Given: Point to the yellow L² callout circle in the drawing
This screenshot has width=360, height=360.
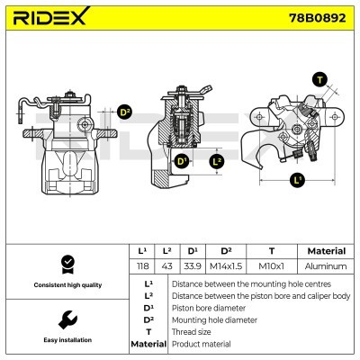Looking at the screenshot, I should (216, 162).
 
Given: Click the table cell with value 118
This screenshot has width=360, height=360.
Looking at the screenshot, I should (141, 267).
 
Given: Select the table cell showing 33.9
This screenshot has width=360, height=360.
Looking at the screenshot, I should (193, 267).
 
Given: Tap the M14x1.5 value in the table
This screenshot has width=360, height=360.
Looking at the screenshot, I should (226, 267).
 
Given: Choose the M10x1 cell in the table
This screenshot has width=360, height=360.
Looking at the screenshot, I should (272, 267).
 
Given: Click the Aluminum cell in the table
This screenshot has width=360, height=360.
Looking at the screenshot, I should (326, 267).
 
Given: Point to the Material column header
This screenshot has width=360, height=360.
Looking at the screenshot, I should (326, 251).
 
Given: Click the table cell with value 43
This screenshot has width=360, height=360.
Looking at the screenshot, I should (166, 267).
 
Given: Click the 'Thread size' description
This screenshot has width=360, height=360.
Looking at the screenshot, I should (193, 332).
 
